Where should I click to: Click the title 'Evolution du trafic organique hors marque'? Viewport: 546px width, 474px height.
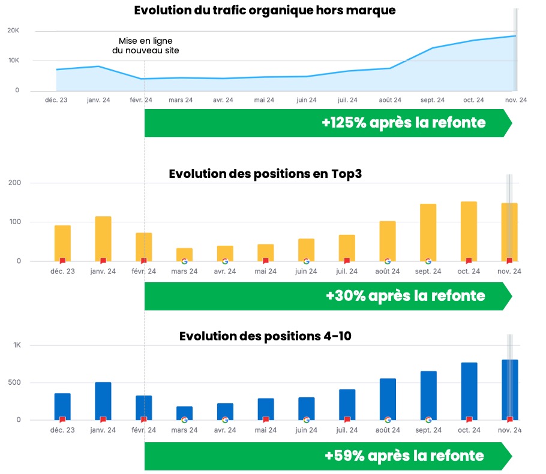tap(265, 11)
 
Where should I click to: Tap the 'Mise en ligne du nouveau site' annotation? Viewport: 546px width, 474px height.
tap(145, 46)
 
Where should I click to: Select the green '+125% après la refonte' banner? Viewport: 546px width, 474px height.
tap(327, 123)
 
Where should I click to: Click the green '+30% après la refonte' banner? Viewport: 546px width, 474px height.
tap(327, 296)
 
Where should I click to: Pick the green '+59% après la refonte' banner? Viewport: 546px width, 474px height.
tap(327, 456)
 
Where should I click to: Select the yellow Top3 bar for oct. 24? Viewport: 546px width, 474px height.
tap(469, 231)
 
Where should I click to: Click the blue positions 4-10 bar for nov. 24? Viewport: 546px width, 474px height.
tap(509, 390)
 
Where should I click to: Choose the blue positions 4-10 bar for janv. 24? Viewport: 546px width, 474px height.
tap(103, 400)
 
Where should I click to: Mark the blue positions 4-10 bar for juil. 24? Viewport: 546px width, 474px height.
tap(347, 404)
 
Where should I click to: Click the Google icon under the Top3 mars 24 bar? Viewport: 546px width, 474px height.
tap(184, 261)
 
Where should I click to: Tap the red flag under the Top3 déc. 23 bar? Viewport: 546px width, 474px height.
tap(62, 261)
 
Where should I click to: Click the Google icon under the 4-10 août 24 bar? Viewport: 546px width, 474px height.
tap(388, 420)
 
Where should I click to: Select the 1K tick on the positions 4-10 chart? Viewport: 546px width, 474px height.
tap(17, 345)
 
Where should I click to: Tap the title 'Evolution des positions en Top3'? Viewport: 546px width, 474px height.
tap(265, 174)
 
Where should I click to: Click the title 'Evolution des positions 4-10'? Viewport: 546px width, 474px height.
tap(265, 336)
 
